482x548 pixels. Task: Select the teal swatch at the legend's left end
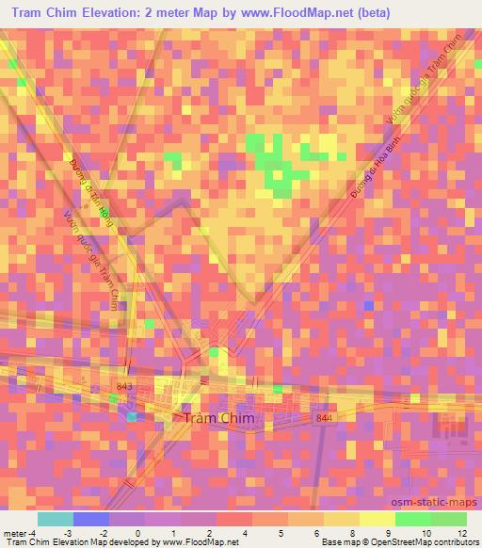click(56, 519)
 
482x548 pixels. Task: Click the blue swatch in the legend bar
click(91, 519)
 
